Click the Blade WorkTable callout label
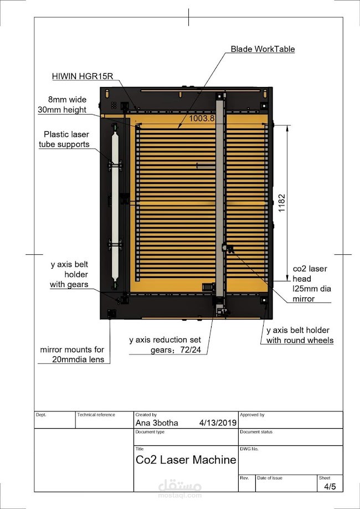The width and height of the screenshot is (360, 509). [x=263, y=49]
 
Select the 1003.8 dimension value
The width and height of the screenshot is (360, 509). [x=202, y=118]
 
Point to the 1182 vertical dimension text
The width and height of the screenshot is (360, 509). [x=282, y=203]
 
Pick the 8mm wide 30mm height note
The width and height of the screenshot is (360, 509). [x=67, y=105]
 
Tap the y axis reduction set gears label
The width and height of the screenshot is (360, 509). [x=165, y=345]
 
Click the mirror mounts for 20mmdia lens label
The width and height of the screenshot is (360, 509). [x=72, y=354]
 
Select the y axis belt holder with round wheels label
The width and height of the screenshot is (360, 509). [x=300, y=335]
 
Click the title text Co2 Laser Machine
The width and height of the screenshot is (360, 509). [x=186, y=460]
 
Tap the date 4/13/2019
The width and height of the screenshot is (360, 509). [x=218, y=423]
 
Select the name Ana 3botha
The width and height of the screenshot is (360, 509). [x=157, y=423]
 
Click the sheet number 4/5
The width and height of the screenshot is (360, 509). [x=330, y=486]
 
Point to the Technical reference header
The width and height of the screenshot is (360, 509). [x=96, y=414]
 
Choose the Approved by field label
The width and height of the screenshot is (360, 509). [x=252, y=414]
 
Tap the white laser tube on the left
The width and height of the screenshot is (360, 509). [x=115, y=205]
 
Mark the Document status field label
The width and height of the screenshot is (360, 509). [x=256, y=431]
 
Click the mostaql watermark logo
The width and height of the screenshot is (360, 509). [x=180, y=487]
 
